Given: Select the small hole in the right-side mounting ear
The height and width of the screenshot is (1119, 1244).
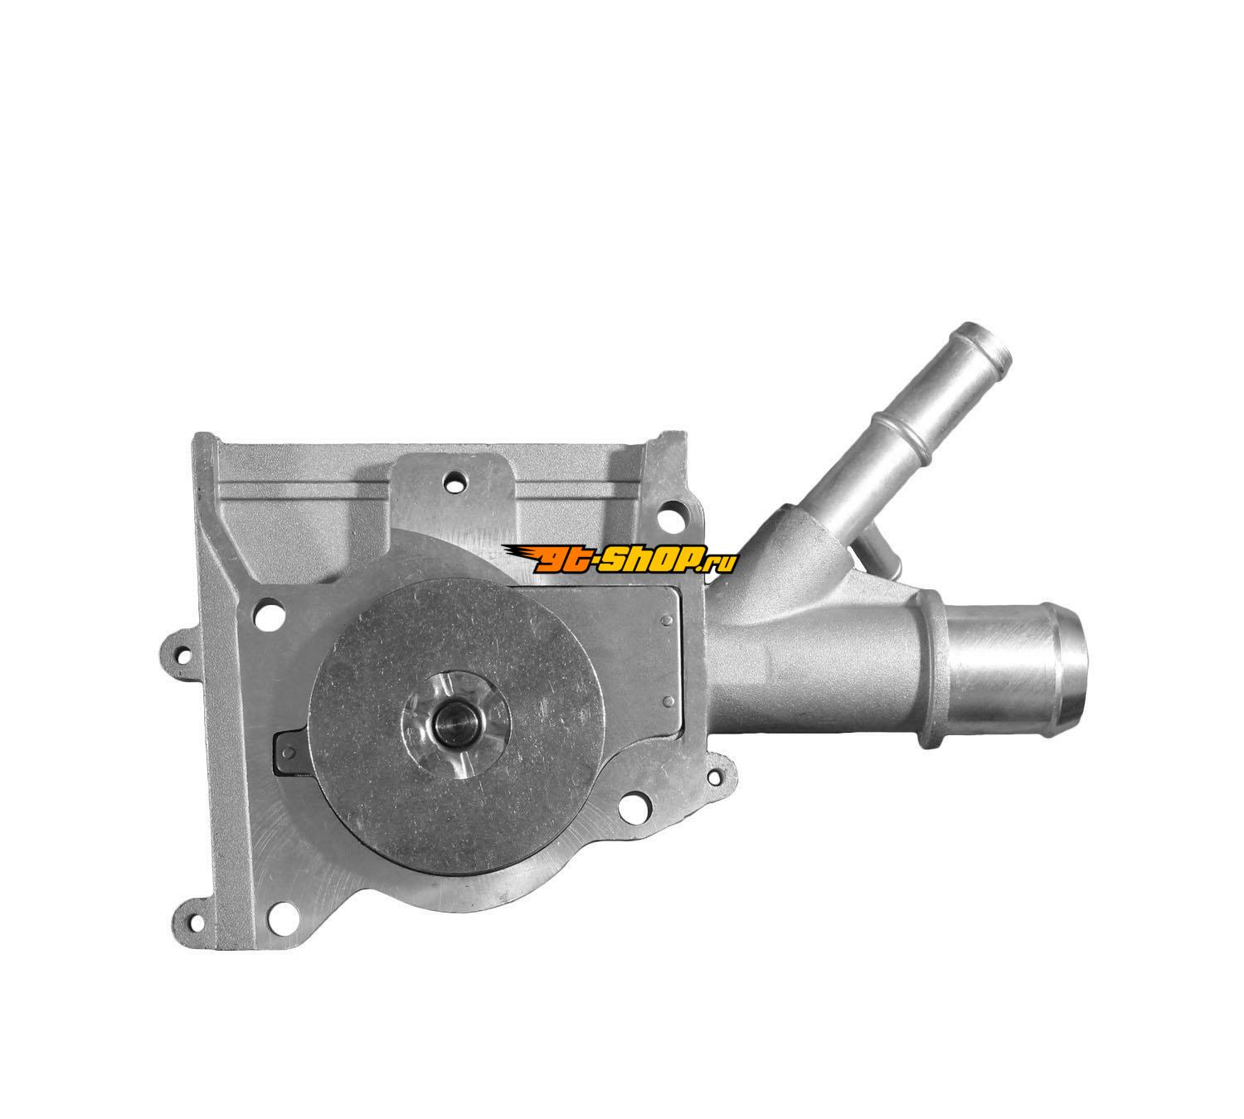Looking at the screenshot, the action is (721, 773).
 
